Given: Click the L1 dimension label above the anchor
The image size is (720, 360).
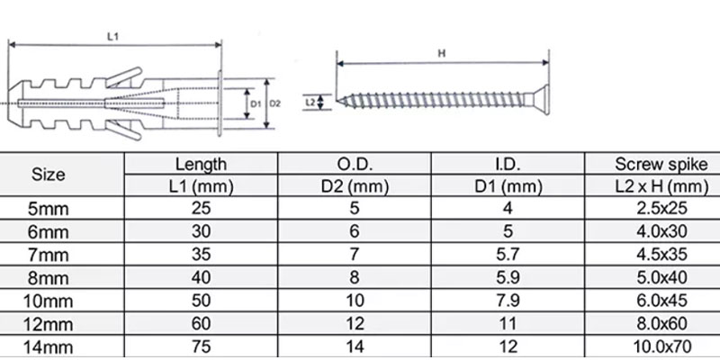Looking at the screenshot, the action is coord(113,37).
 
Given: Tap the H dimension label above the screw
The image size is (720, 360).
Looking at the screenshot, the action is coord(442,53).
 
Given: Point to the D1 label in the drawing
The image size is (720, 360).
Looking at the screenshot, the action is coord(256,103).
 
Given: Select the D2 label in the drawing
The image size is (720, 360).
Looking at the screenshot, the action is coord(274,103).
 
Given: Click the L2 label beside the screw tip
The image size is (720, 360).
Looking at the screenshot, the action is coord(310,102).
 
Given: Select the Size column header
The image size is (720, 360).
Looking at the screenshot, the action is coord(49,175).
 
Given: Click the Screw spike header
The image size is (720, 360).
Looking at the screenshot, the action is coord(661,164).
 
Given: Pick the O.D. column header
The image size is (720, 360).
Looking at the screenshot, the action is coord(354,164).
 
